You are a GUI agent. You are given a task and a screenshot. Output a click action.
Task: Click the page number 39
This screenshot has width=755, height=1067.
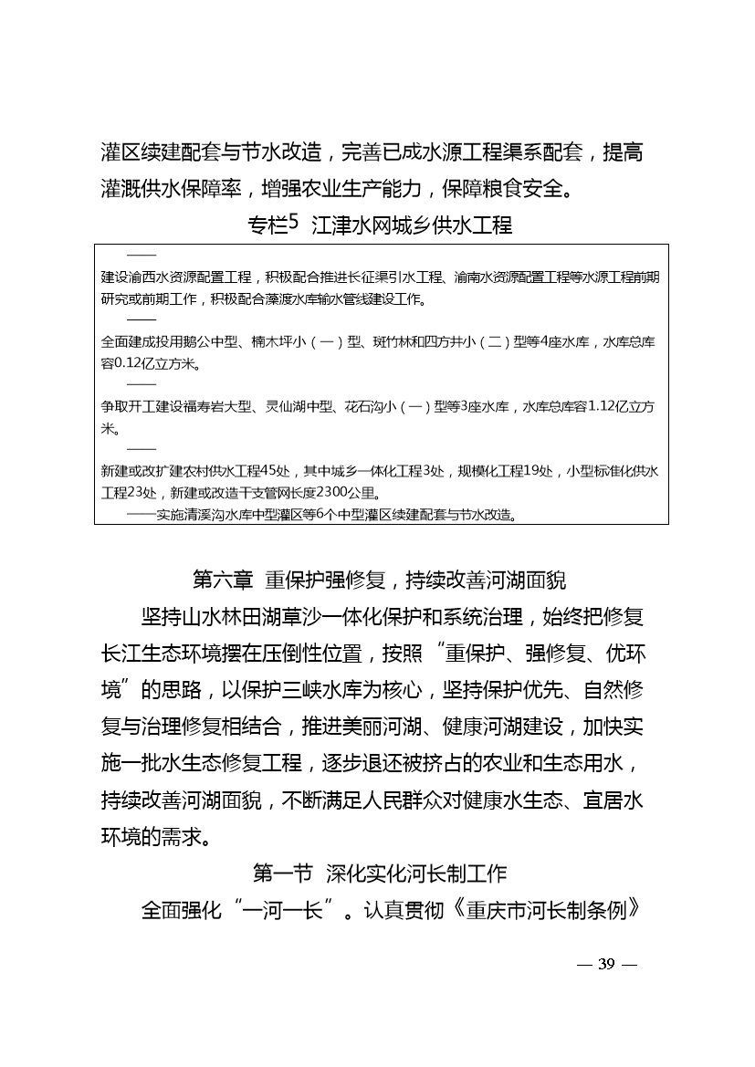point(607,966)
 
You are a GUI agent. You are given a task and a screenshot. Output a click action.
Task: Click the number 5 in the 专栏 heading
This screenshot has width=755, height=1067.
point(293,221)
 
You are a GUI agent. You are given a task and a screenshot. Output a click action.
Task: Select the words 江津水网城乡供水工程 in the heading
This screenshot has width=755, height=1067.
point(413,225)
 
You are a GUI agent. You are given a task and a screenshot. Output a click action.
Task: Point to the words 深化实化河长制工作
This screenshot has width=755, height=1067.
point(415,874)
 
